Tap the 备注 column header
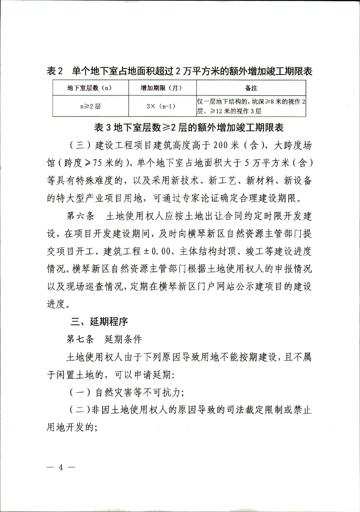[x=251, y=88]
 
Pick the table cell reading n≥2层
[x=90, y=106]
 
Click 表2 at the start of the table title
[x=55, y=71]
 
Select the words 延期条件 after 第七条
[x=123, y=339]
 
